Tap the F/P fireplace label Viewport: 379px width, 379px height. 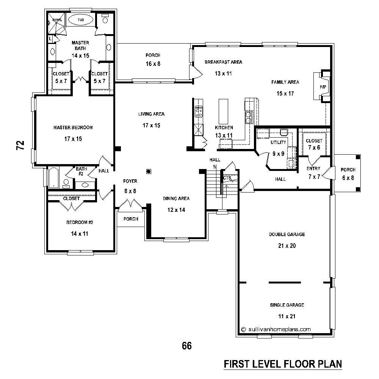point(323,87)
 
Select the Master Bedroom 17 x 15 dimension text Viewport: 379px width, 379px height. point(73,139)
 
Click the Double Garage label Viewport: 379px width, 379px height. point(287,235)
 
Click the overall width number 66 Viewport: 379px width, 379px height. point(187,346)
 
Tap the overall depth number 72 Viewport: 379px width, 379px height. point(20,145)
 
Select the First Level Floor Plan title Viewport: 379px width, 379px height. point(282,364)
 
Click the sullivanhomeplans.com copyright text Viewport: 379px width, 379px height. point(276,329)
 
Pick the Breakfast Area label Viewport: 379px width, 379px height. point(223,62)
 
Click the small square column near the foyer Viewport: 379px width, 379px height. point(149,171)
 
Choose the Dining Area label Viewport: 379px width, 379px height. point(176,199)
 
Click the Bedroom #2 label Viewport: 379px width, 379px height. point(79,222)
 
